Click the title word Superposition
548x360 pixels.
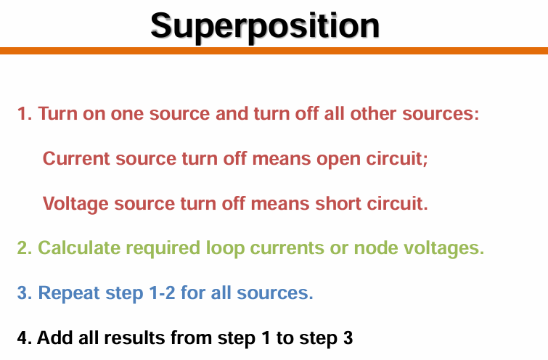(265, 27)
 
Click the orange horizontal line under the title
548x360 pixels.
(274, 51)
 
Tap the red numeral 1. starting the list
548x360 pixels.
(25, 114)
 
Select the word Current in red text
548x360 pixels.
(75, 158)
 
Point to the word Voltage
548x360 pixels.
(75, 204)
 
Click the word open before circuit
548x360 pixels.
(338, 160)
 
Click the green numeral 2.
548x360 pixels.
(25, 247)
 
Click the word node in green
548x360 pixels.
(376, 247)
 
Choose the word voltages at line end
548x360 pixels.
(444, 249)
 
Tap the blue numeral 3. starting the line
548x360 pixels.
(25, 292)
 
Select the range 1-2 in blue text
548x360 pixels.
(162, 292)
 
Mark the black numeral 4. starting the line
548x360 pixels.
(25, 337)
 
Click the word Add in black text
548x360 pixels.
(55, 337)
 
